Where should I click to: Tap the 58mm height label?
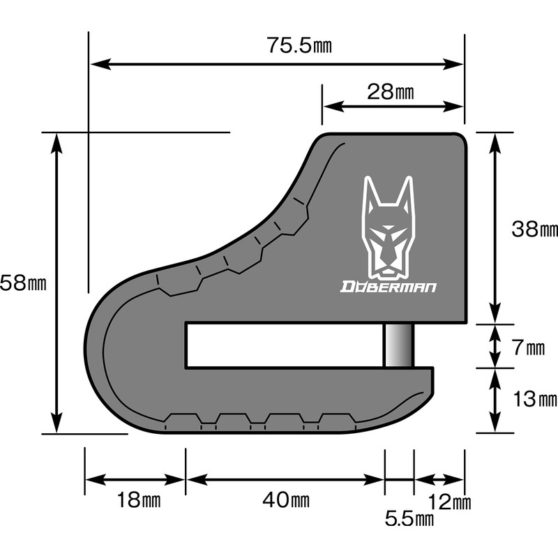[x=23, y=282]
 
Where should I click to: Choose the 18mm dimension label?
[x=137, y=500]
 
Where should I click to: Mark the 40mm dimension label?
[x=285, y=500]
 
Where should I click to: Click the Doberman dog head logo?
[x=389, y=227]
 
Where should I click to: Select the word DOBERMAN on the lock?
[x=388, y=286]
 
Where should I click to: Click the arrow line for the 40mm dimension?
[x=285, y=480]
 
